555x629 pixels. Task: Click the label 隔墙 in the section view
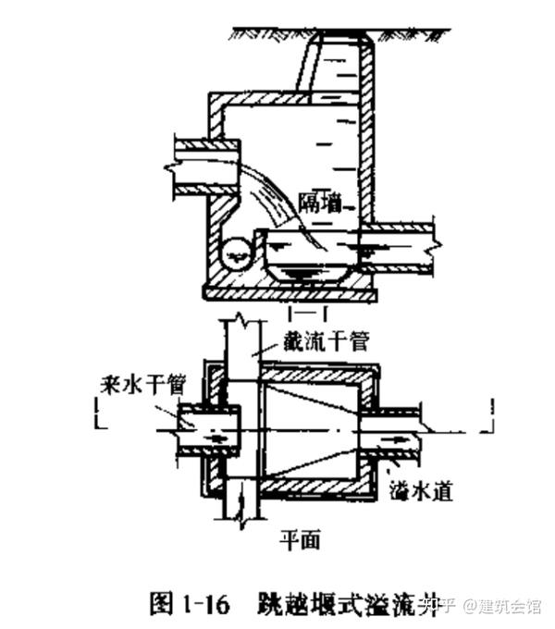pos(321,203)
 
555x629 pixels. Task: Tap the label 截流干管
pos(329,341)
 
